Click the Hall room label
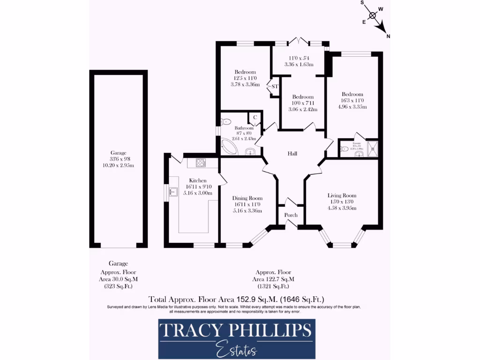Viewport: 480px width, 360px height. point(292,154)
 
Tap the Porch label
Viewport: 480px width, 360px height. point(291,215)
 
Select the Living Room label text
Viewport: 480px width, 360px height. point(342,195)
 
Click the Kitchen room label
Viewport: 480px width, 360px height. point(198,180)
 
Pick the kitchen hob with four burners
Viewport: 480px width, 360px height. point(201,163)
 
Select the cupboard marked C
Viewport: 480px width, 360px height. point(255,117)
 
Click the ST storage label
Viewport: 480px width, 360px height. point(275,87)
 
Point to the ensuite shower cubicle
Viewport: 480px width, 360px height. point(373,150)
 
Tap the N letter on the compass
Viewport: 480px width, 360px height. point(388,36)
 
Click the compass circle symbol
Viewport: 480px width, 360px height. point(373,15)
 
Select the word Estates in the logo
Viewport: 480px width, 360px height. point(236,349)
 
